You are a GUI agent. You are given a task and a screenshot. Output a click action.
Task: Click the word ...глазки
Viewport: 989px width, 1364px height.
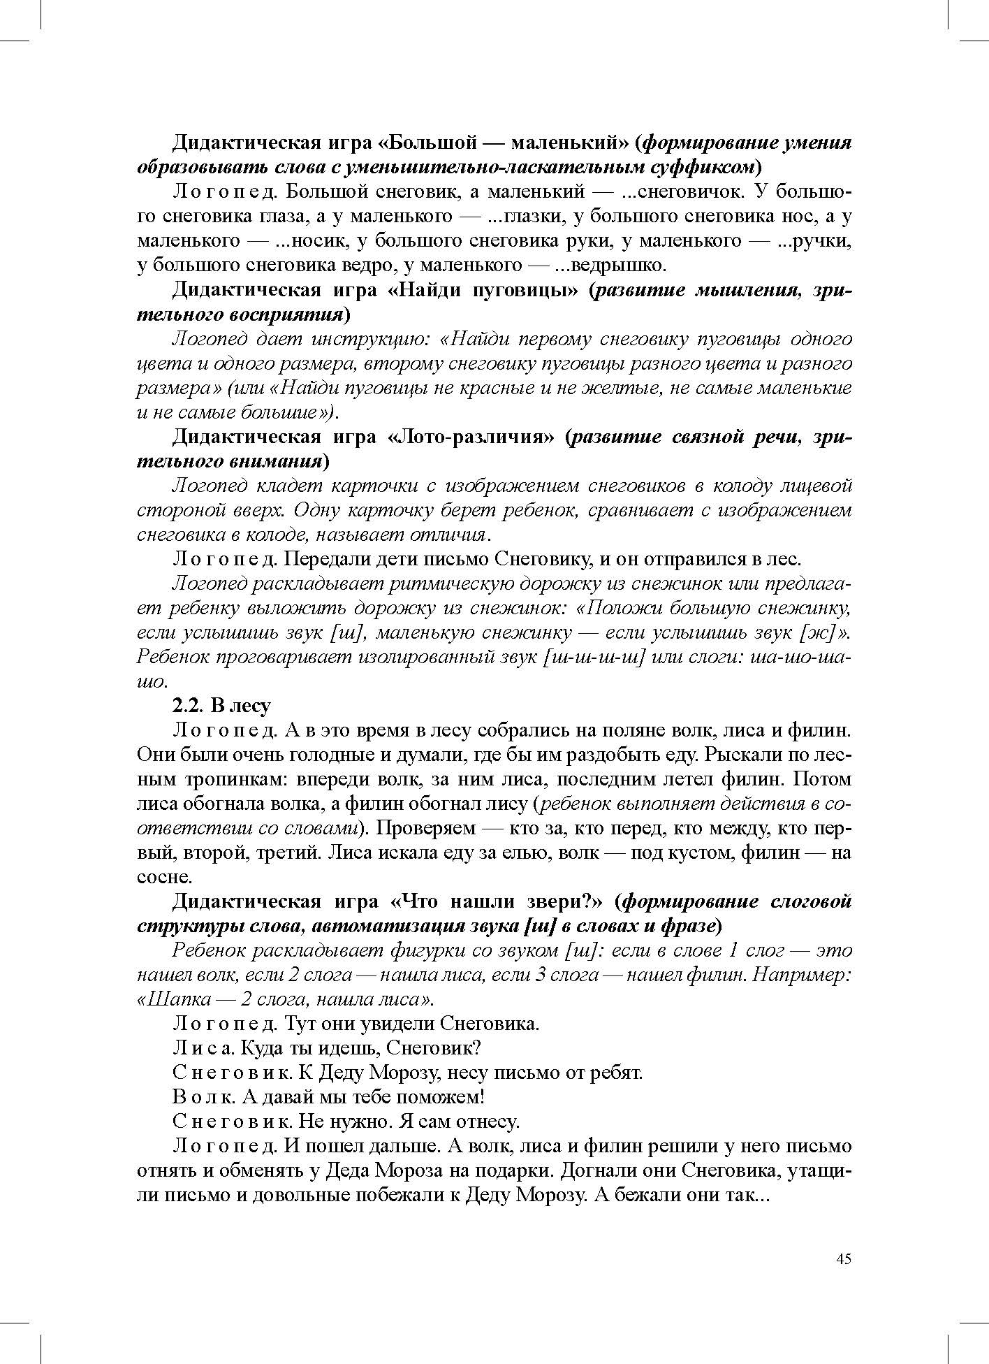[524, 217]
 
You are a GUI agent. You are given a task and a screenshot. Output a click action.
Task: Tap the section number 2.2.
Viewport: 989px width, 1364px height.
[187, 706]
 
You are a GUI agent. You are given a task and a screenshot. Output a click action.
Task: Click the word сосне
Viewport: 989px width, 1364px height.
[163, 877]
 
